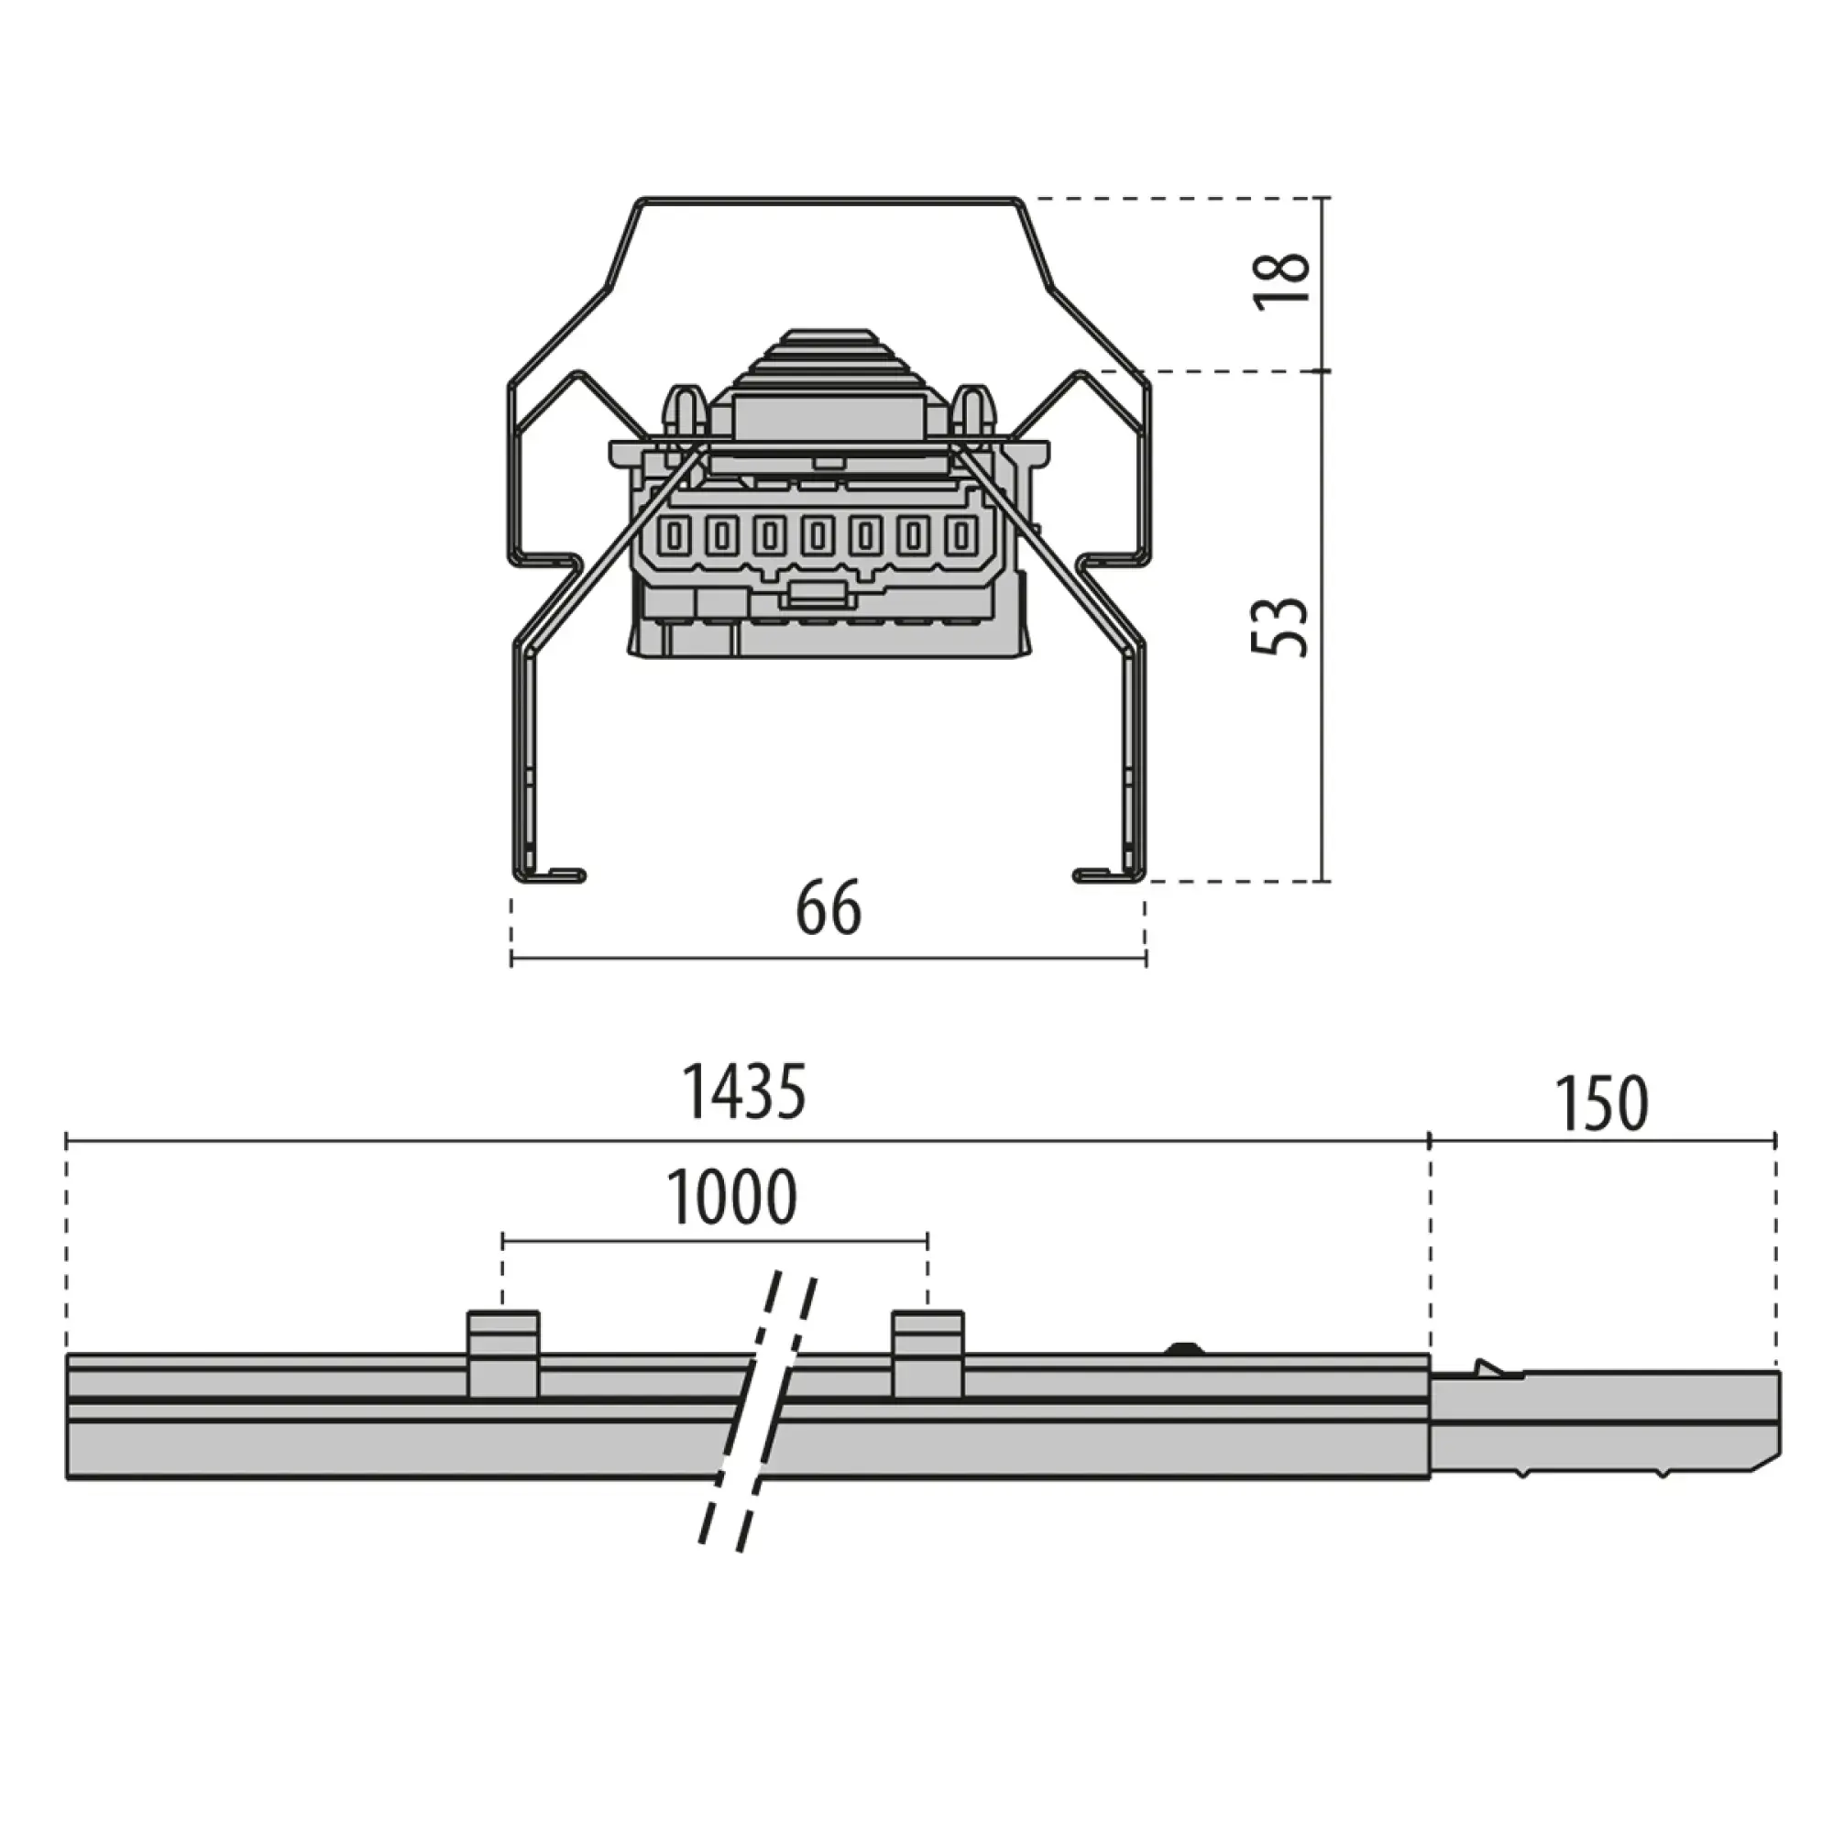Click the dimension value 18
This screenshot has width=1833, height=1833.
1283,280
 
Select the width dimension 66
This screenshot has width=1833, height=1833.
829,908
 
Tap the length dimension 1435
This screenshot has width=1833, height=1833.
745,1092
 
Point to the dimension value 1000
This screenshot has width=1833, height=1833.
731,1198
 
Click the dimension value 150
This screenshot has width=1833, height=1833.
1602,1104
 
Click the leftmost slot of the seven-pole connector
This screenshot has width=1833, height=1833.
675,537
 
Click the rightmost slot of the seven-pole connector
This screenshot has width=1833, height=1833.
961,537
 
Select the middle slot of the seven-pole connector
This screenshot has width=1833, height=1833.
817,537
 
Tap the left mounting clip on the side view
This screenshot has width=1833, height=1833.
504,1354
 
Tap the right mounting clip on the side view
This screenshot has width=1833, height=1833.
927,1354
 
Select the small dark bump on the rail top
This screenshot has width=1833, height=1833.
1183,1347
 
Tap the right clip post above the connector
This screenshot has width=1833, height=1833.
973,411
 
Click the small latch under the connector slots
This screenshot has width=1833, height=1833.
816,596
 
